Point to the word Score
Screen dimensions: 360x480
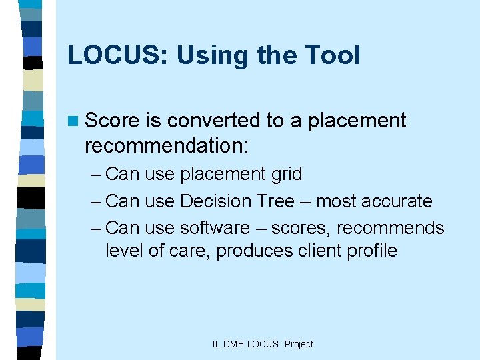112,121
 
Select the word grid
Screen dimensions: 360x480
285,175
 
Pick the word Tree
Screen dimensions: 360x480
281,201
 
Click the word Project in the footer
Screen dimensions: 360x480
299,344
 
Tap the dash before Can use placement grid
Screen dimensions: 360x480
95,175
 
